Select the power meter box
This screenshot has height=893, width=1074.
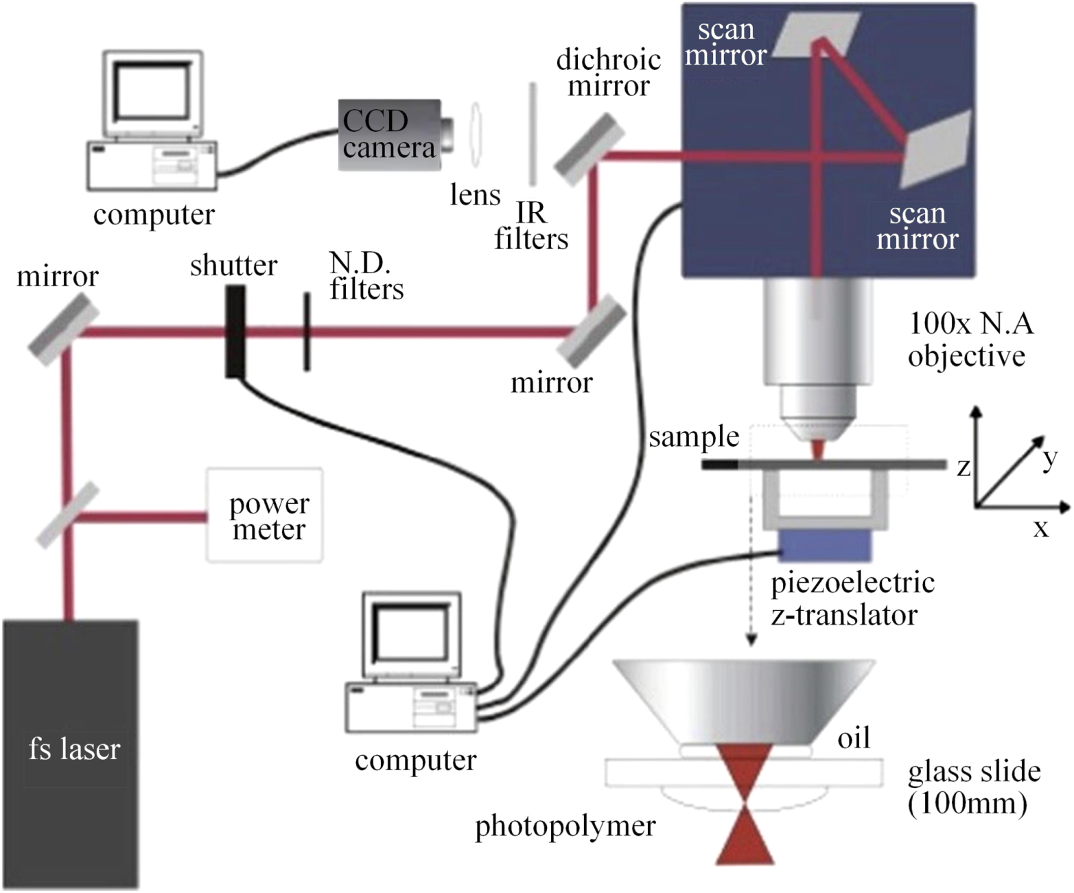click(x=265, y=515)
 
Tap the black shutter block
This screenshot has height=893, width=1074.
click(x=235, y=332)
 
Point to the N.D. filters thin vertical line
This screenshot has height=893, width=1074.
click(x=307, y=332)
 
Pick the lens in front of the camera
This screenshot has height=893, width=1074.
click(x=475, y=135)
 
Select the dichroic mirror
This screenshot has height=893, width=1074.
click(x=589, y=150)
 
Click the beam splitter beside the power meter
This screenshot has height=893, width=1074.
click(x=67, y=515)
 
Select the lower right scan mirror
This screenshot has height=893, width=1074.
click(x=937, y=148)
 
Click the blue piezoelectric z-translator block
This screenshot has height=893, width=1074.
click(x=826, y=546)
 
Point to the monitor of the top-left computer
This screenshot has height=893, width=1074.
click(x=152, y=93)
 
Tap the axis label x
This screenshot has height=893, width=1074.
click(x=1041, y=528)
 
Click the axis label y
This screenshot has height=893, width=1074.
click(x=1049, y=458)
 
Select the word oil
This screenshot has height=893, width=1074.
click(x=854, y=738)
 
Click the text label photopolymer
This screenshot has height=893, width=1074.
click(x=565, y=826)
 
